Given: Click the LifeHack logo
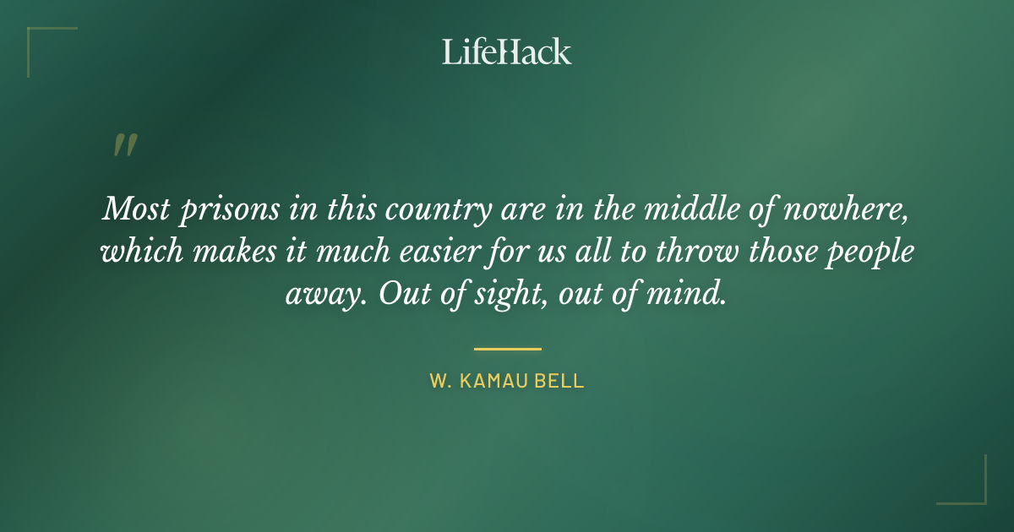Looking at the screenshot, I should [x=507, y=52].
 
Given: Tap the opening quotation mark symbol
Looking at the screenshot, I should [x=124, y=145].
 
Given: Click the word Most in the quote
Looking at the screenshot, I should [x=135, y=208].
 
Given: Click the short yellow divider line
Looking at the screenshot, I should [x=507, y=348].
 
